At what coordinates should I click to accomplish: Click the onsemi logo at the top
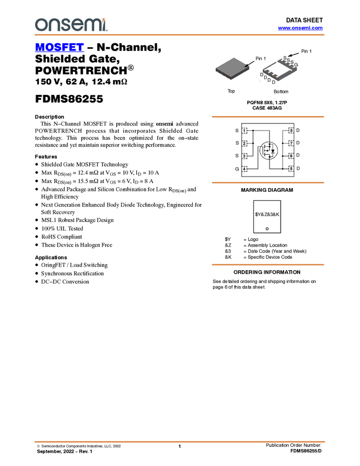pos(71,25)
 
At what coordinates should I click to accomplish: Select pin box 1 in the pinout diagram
pos(244,131)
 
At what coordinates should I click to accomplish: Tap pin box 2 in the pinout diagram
pos(244,144)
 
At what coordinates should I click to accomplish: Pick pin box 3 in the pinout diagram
pos(244,156)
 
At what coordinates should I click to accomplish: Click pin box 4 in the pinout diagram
pos(244,169)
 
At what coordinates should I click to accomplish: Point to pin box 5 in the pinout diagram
pos(291,169)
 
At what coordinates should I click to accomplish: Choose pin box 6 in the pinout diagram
pos(291,156)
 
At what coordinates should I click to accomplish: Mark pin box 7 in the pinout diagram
pos(291,144)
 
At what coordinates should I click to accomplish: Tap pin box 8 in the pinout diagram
pos(291,131)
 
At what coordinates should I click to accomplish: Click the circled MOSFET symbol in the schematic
pos(268,150)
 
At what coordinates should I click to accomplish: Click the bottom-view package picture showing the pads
pos(279,70)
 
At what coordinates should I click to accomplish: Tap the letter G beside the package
pos(296,65)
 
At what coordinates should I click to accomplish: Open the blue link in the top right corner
pos(300,28)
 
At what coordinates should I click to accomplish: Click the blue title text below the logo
pos(59,48)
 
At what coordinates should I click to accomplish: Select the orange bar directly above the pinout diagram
pos(268,117)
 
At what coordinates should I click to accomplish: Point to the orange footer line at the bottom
pos(179,441)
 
